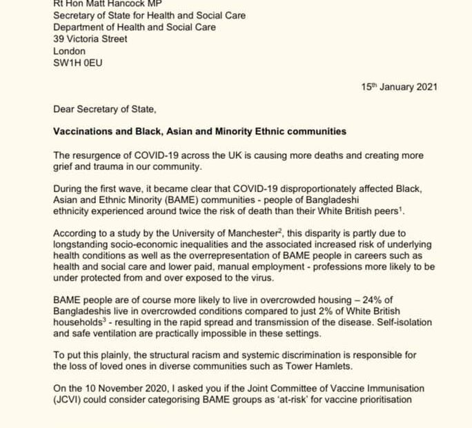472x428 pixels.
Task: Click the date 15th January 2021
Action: pos(399,87)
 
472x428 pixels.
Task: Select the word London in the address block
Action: pos(70,51)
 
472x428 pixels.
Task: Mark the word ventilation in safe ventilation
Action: pos(126,347)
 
